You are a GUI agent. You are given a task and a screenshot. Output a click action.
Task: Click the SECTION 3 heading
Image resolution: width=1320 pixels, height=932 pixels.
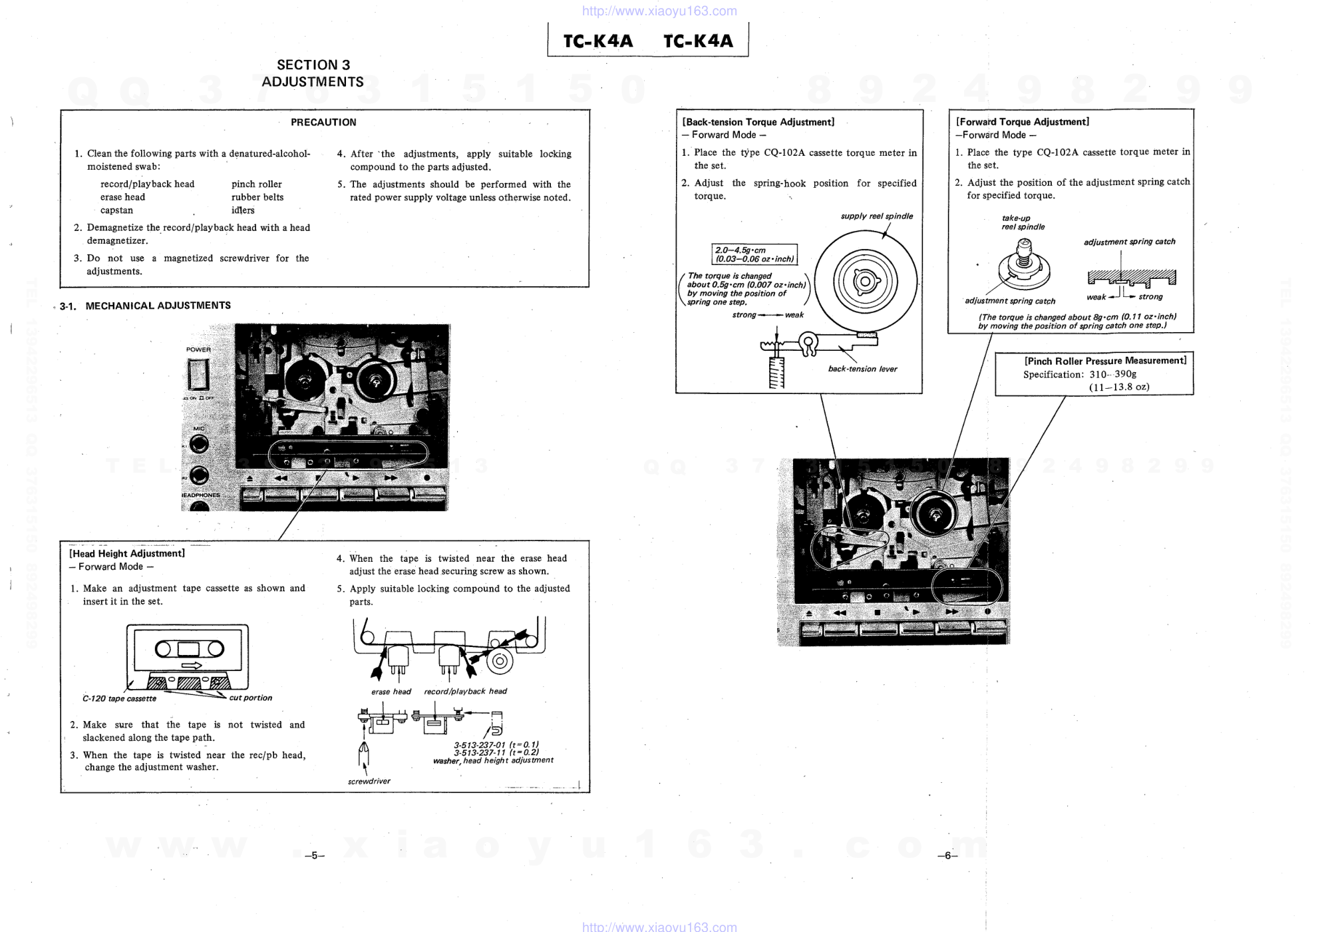click(x=313, y=65)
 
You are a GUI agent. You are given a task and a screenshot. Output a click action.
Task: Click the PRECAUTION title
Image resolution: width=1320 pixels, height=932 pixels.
click(x=323, y=122)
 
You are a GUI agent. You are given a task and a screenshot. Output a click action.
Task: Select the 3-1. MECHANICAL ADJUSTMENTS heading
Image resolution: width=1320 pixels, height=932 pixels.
click(x=145, y=306)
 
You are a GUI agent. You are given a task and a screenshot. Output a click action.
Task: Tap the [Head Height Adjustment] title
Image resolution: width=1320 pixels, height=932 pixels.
click(x=127, y=553)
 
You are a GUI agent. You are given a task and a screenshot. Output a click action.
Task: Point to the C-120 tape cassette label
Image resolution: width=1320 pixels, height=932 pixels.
click(x=119, y=698)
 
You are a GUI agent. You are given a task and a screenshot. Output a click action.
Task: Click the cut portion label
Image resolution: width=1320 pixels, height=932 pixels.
click(x=251, y=698)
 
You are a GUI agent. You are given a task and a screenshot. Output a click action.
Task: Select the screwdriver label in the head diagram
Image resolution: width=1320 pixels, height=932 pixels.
click(x=369, y=781)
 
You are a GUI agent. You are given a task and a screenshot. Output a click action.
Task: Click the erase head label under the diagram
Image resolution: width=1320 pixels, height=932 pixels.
click(x=391, y=692)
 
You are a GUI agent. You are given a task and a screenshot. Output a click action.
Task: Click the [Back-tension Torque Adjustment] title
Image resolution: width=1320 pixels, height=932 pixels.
click(x=758, y=122)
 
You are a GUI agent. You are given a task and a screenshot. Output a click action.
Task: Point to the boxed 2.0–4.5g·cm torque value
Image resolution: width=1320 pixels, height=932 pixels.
click(x=754, y=254)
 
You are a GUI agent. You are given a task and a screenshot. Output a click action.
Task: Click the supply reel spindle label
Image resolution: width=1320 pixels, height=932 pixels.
click(x=877, y=216)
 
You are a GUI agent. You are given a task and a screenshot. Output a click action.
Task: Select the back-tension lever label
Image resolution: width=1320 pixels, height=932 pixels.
click(x=862, y=369)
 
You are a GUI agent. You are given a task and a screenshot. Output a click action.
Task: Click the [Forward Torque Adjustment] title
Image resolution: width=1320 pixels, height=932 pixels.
click(x=1023, y=122)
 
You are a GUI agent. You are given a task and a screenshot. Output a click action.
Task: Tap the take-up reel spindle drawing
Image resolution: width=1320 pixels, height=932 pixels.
click(x=1024, y=265)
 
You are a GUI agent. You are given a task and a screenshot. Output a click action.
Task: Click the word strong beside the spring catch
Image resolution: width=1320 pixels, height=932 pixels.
click(x=1150, y=297)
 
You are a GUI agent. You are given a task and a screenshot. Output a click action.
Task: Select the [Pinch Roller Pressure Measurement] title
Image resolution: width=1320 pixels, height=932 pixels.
click(x=1105, y=361)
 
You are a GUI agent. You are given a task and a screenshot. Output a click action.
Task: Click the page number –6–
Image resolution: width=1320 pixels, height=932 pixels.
click(x=947, y=856)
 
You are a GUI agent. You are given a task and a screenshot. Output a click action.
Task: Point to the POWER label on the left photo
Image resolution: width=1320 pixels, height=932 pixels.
click(x=198, y=349)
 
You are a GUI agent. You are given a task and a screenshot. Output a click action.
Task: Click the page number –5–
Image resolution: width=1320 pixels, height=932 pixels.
click(x=314, y=856)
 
